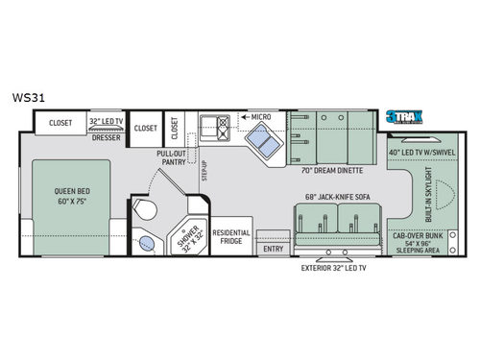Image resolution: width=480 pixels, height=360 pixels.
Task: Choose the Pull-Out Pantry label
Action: tap(173, 156)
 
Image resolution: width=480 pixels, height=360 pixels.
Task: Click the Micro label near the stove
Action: tap(261, 116)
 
